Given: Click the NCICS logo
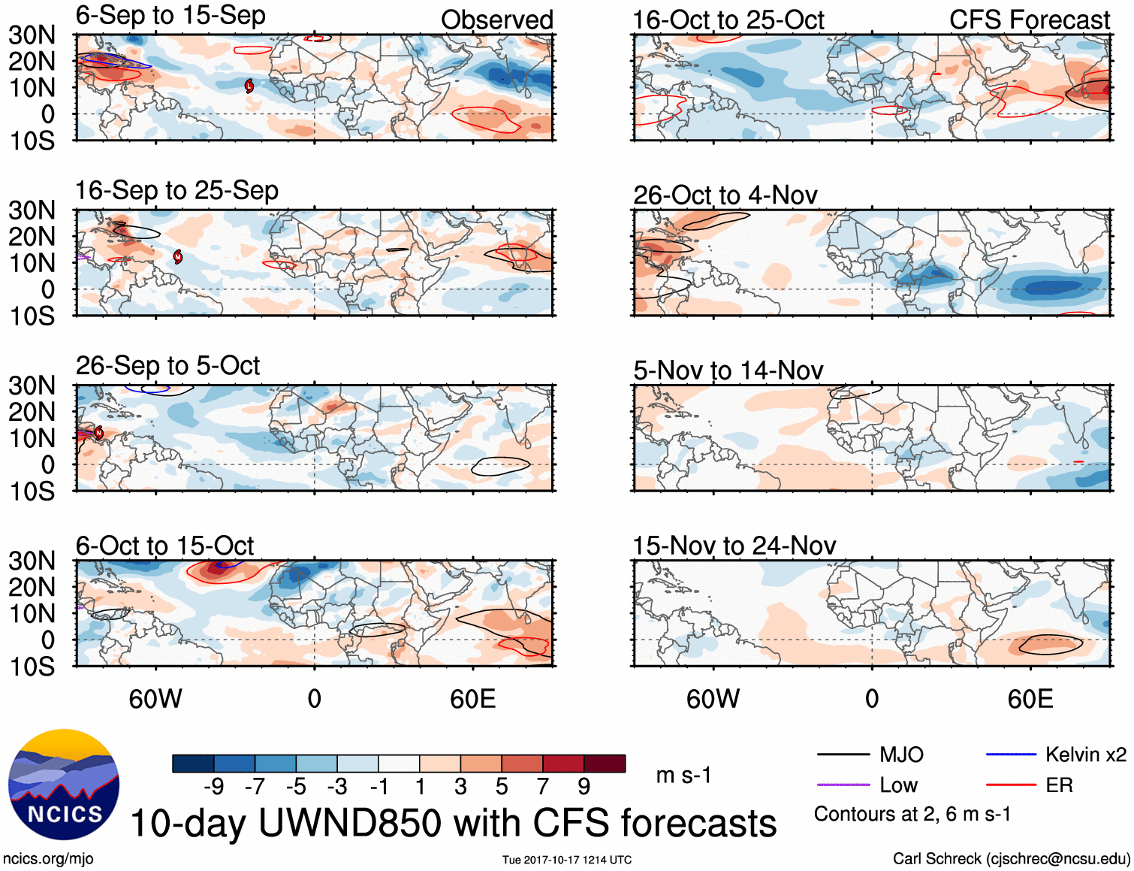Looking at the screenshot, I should click(x=64, y=785).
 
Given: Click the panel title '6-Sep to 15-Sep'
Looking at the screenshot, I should click(x=170, y=15).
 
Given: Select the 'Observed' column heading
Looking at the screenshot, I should click(x=496, y=20).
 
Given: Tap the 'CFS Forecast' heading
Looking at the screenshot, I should click(x=1029, y=20).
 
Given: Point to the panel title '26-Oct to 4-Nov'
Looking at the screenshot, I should click(x=725, y=195).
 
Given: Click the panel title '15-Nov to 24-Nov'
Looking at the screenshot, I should click(x=734, y=546).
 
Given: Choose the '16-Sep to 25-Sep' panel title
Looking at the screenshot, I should click(x=176, y=190).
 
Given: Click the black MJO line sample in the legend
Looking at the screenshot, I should click(x=843, y=755).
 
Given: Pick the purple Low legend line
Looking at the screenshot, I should click(x=843, y=785).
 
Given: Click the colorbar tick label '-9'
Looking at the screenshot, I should click(x=213, y=786).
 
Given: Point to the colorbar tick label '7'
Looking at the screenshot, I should click(x=542, y=786).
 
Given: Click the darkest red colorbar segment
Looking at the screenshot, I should click(x=605, y=764).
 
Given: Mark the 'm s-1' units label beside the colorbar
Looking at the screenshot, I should click(x=683, y=775).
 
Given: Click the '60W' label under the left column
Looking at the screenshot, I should click(x=155, y=699).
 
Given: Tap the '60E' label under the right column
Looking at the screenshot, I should click(x=1030, y=699).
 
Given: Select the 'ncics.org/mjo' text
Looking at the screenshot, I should click(x=48, y=858).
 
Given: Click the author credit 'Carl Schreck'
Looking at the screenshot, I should click(x=936, y=858).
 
